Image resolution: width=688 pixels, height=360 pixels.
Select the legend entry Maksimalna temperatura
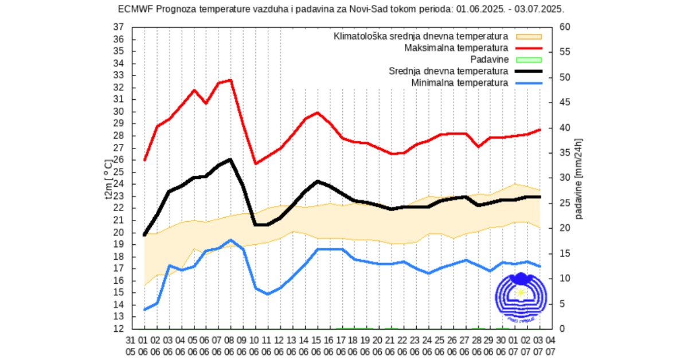(x=456, y=47)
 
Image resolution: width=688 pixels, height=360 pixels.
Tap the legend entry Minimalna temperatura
(x=459, y=83)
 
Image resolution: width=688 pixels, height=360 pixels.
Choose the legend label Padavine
(x=488, y=59)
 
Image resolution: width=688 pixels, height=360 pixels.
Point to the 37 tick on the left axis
(x=119, y=27)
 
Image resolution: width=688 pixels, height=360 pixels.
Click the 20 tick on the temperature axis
(x=119, y=232)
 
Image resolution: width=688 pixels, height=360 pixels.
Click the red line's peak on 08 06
(x=230, y=80)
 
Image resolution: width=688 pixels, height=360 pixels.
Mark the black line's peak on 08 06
(x=230, y=159)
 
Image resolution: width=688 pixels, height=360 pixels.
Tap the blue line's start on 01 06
(x=144, y=310)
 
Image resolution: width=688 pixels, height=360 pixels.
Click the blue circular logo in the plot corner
(x=520, y=296)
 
